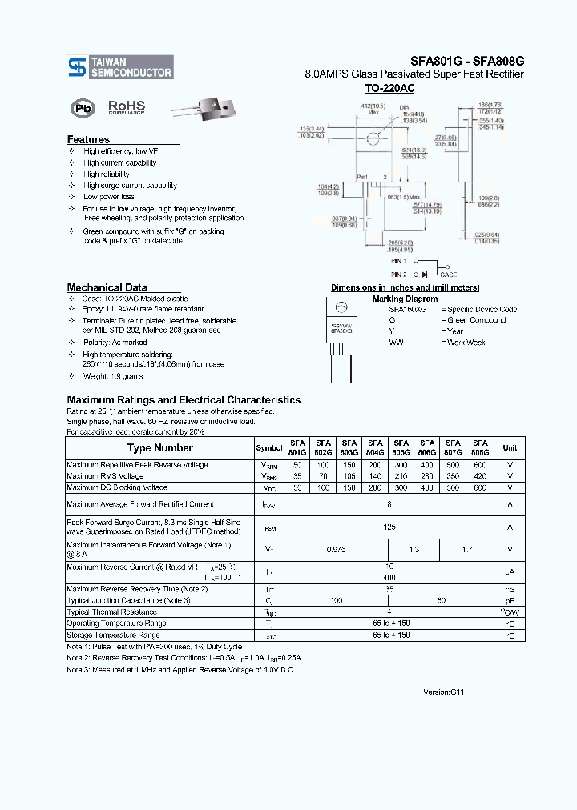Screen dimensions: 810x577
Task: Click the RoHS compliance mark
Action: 126,106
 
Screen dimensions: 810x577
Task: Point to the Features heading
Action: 88,139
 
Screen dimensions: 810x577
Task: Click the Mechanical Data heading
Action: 107,287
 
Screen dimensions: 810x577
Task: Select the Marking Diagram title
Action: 399,299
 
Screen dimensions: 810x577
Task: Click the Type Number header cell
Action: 160,448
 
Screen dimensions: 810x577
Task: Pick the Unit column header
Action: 510,448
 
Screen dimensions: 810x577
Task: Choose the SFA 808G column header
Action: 480,448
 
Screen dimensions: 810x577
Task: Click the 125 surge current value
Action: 389,527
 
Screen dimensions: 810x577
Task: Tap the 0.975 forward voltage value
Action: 336,550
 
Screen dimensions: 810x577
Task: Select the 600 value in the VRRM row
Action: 480,465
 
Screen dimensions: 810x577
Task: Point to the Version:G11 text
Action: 444,692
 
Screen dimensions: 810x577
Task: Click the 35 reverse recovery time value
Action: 389,588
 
